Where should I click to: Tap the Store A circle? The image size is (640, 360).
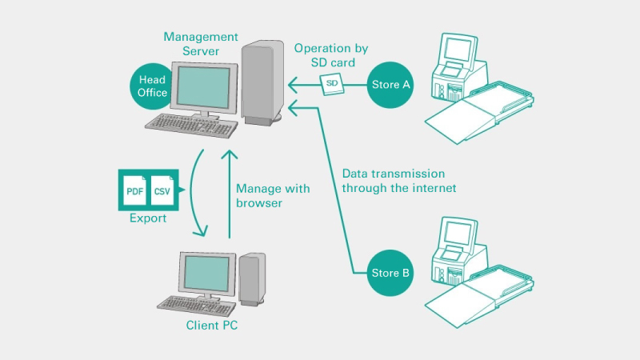tap(390, 83)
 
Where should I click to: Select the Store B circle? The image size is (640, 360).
tap(390, 273)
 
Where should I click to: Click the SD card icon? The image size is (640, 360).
tap(330, 84)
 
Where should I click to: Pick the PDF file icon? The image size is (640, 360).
tap(134, 190)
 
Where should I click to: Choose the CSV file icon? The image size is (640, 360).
tap(162, 190)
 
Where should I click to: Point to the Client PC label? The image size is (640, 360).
tap(211, 326)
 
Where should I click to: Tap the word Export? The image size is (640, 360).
tap(148, 218)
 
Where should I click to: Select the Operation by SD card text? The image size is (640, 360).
tap(330, 56)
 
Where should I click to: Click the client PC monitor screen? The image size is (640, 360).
tap(206, 274)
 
